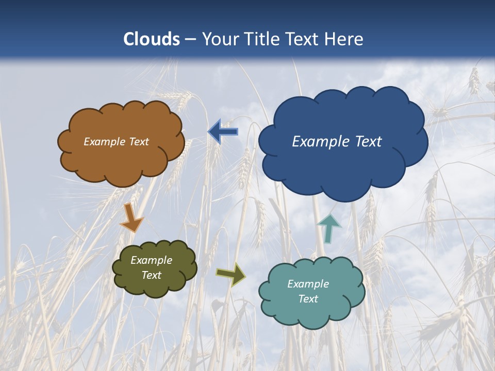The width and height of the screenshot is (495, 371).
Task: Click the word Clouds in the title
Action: click(x=152, y=39)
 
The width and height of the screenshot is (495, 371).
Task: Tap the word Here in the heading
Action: click(x=343, y=39)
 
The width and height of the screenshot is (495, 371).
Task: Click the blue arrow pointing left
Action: click(x=223, y=131)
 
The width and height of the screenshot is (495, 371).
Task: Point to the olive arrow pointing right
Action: click(x=230, y=274)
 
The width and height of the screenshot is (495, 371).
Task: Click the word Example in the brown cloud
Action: click(x=104, y=142)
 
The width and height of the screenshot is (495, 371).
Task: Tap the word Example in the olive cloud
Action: click(x=151, y=260)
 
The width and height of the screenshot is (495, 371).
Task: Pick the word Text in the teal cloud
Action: click(x=308, y=299)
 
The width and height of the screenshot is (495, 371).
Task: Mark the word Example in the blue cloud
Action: click(x=318, y=142)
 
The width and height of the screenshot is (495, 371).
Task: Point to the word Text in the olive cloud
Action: click(x=151, y=275)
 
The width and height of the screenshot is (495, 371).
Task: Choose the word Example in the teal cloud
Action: click(x=308, y=284)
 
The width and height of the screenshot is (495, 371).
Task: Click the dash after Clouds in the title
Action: click(x=190, y=40)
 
